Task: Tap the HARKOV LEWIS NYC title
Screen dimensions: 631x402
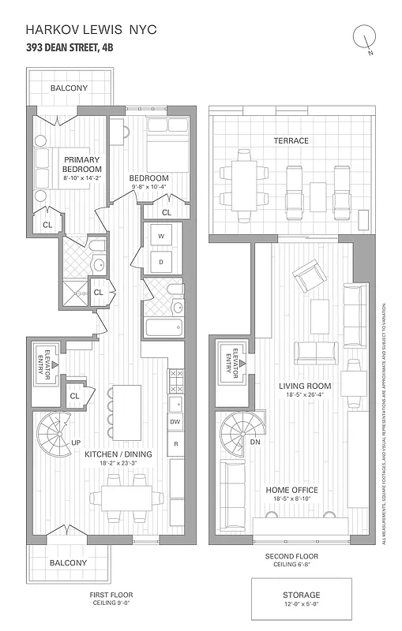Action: click(92, 29)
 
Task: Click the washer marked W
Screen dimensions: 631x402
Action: click(161, 236)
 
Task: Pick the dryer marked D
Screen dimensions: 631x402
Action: click(161, 261)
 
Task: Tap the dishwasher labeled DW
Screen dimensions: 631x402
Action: click(175, 422)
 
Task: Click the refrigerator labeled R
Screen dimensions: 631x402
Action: click(175, 445)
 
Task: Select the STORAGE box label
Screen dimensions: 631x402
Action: click(301, 595)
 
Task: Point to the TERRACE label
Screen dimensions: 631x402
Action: click(291, 140)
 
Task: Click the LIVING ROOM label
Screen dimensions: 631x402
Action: click(304, 386)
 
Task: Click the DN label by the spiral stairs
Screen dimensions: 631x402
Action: click(254, 442)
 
